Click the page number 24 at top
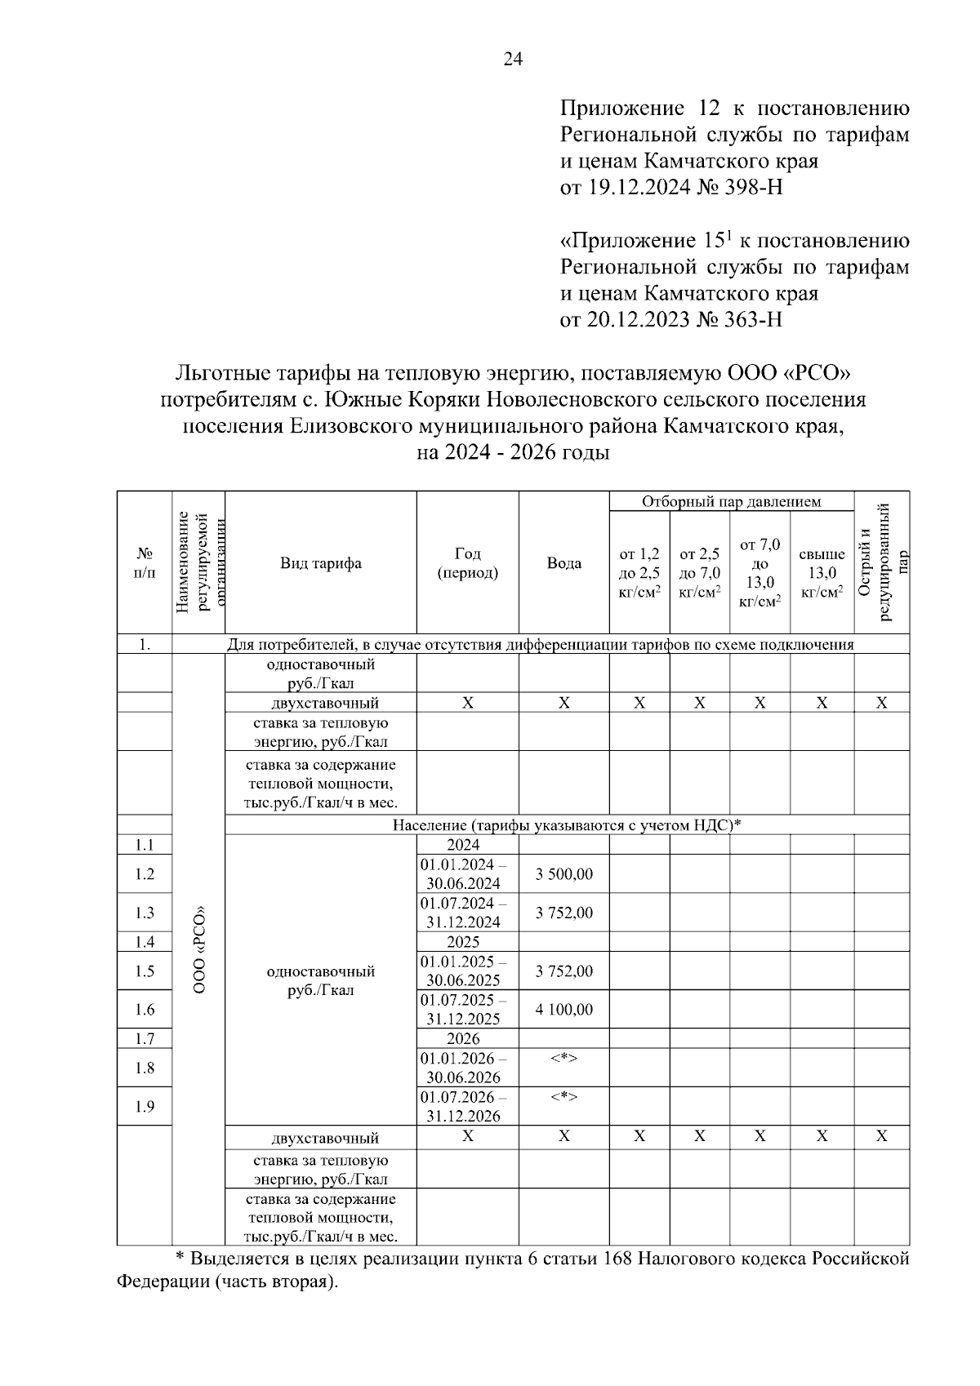click(512, 59)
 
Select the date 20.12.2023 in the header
click(638, 319)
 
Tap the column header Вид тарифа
click(320, 563)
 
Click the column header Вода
click(563, 563)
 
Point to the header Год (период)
click(467, 563)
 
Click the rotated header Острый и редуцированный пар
click(881, 563)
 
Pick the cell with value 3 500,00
click(563, 874)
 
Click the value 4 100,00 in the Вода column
click(563, 1010)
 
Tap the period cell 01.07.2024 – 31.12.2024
click(464, 913)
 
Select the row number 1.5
click(145, 971)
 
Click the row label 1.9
click(145, 1107)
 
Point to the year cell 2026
click(463, 1039)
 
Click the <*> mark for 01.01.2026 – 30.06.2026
click(563, 1059)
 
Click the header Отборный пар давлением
click(731, 502)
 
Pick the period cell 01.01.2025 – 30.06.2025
click(464, 971)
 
